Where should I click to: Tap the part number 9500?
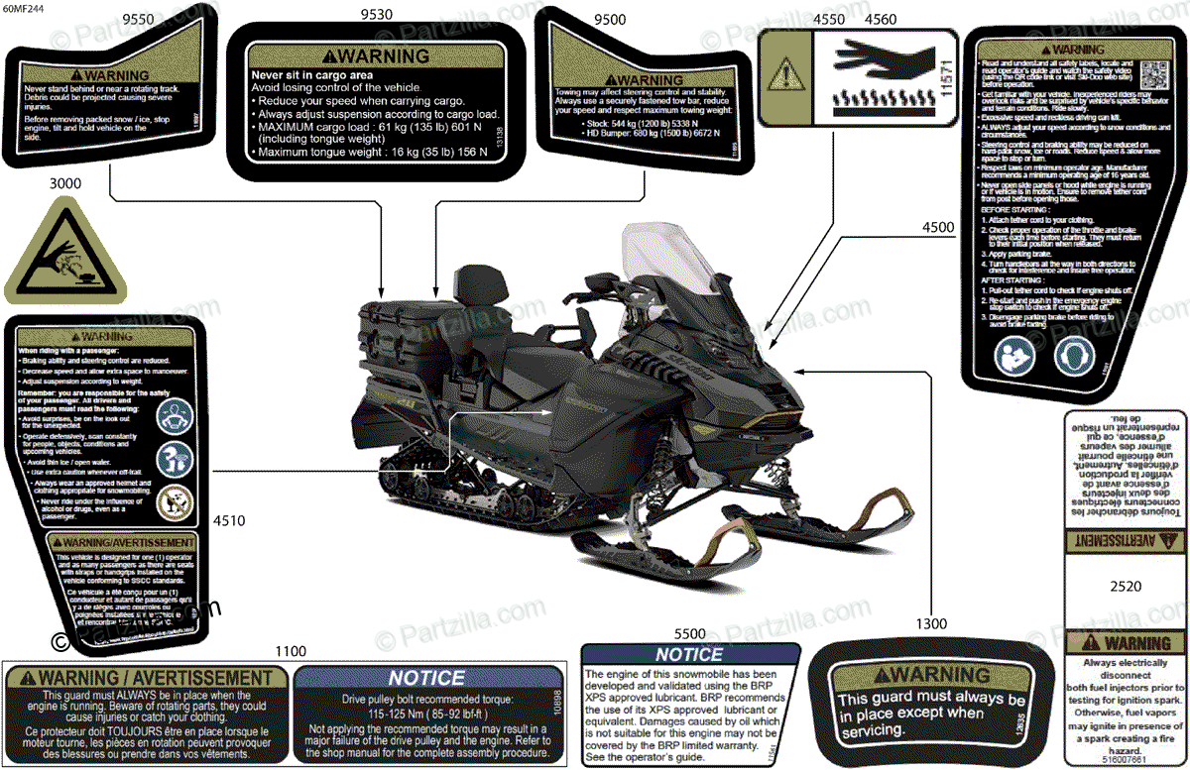tap(609, 19)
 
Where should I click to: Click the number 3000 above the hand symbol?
tap(64, 183)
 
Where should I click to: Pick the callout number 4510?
tap(228, 519)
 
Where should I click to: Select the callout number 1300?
tap(931, 622)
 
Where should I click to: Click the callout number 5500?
tap(689, 633)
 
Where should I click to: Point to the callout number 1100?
tap(291, 651)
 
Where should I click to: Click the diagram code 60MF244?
tap(23, 9)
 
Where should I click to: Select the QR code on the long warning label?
tap(1154, 74)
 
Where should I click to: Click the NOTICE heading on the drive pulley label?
tap(425, 678)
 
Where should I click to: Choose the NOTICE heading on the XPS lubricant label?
tap(689, 654)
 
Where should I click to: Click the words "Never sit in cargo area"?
tap(312, 74)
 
